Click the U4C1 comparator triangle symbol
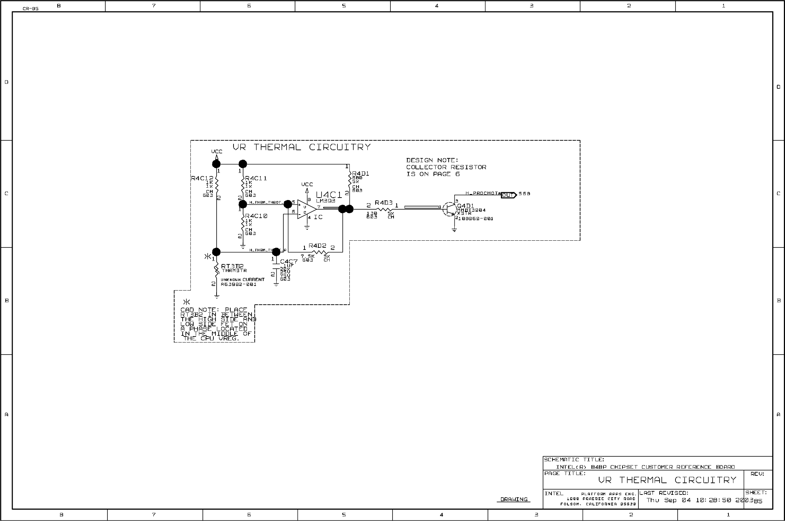306,209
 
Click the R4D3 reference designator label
384,203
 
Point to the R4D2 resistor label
317,246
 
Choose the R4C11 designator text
256,178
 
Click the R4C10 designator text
256,216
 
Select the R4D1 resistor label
361,174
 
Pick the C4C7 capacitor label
289,262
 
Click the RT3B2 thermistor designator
232,266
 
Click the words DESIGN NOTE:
432,160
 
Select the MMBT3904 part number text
471,210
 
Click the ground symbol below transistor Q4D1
454,230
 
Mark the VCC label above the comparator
307,185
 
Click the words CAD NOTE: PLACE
214,310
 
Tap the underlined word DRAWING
514,499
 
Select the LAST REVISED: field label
664,493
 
